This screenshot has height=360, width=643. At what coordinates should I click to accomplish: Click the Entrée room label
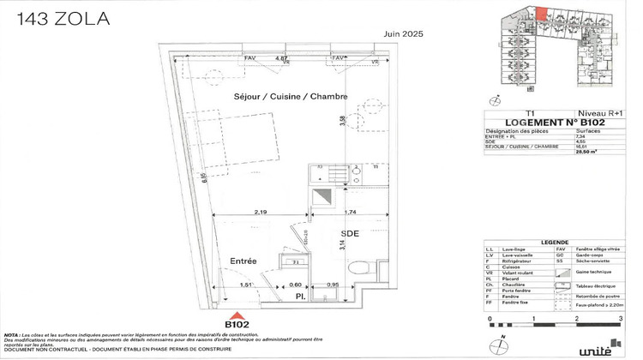click(244, 261)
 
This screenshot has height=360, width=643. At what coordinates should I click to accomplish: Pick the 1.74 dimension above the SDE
click(352, 211)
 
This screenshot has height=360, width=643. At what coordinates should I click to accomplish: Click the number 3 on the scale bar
click(620, 318)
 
